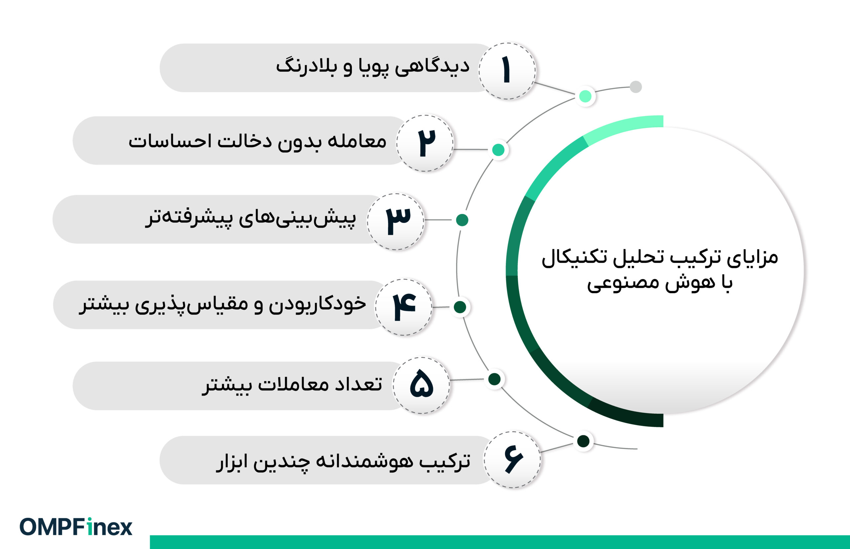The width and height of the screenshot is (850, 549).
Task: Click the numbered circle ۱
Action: click(507, 71)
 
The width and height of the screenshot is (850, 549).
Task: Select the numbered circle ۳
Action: click(396, 221)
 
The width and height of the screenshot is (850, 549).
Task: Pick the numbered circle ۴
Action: click(403, 307)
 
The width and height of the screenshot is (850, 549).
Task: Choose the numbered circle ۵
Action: click(421, 385)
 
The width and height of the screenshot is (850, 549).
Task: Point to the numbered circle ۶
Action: click(512, 460)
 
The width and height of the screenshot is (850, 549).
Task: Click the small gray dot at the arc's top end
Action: click(636, 87)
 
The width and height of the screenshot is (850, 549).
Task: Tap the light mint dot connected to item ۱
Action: click(585, 96)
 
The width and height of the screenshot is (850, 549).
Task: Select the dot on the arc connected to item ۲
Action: click(498, 150)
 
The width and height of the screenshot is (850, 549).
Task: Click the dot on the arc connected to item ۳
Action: click(462, 220)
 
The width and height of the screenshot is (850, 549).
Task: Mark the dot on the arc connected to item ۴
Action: click(460, 307)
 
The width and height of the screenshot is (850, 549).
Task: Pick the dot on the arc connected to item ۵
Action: click(494, 379)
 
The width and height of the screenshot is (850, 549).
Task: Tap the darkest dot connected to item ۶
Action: click(583, 441)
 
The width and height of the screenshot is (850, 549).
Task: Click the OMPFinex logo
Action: click(76, 527)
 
